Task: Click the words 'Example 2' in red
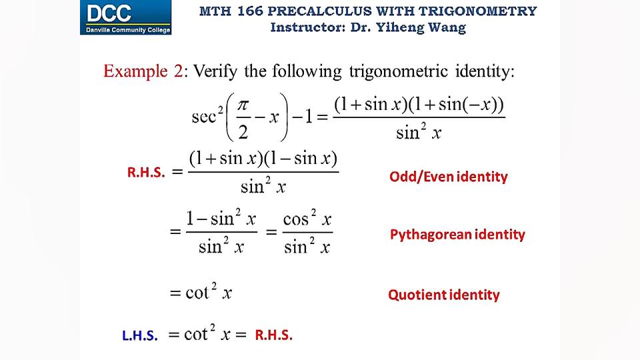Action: point(142,71)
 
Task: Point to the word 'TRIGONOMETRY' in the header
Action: point(493,11)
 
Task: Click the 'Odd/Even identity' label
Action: point(448,177)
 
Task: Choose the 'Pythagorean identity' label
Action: point(457,234)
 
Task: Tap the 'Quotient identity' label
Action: point(443,295)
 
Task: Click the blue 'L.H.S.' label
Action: point(139,337)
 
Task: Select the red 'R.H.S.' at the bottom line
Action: point(273,335)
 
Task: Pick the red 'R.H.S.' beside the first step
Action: point(146,173)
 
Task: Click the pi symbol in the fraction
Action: point(244,107)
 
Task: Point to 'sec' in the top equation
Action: point(205,118)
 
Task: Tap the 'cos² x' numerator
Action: point(307,219)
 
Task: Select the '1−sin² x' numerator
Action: point(221,219)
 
